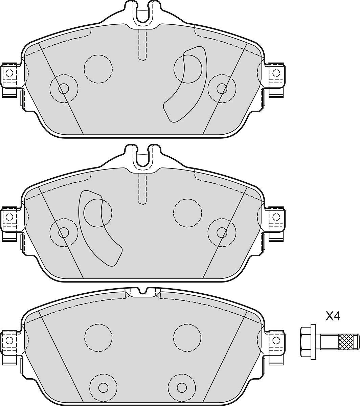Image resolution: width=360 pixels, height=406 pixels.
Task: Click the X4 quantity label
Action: tap(333, 317)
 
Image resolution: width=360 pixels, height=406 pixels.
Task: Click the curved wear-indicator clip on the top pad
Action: tap(185, 84)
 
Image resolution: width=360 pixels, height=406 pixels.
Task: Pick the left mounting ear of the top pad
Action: tap(9, 80)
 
